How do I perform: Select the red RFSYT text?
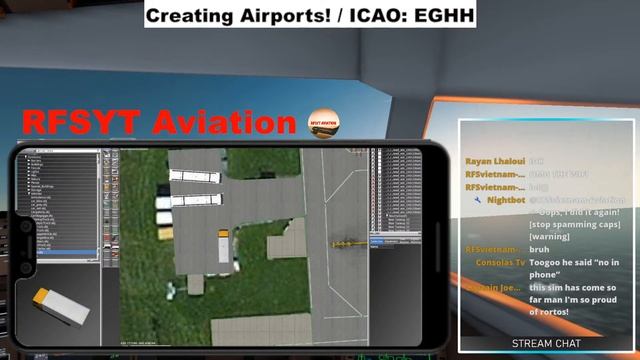82,122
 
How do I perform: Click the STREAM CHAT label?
545,343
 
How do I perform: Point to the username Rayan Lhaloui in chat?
495,160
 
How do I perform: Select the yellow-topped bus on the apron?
224,245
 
